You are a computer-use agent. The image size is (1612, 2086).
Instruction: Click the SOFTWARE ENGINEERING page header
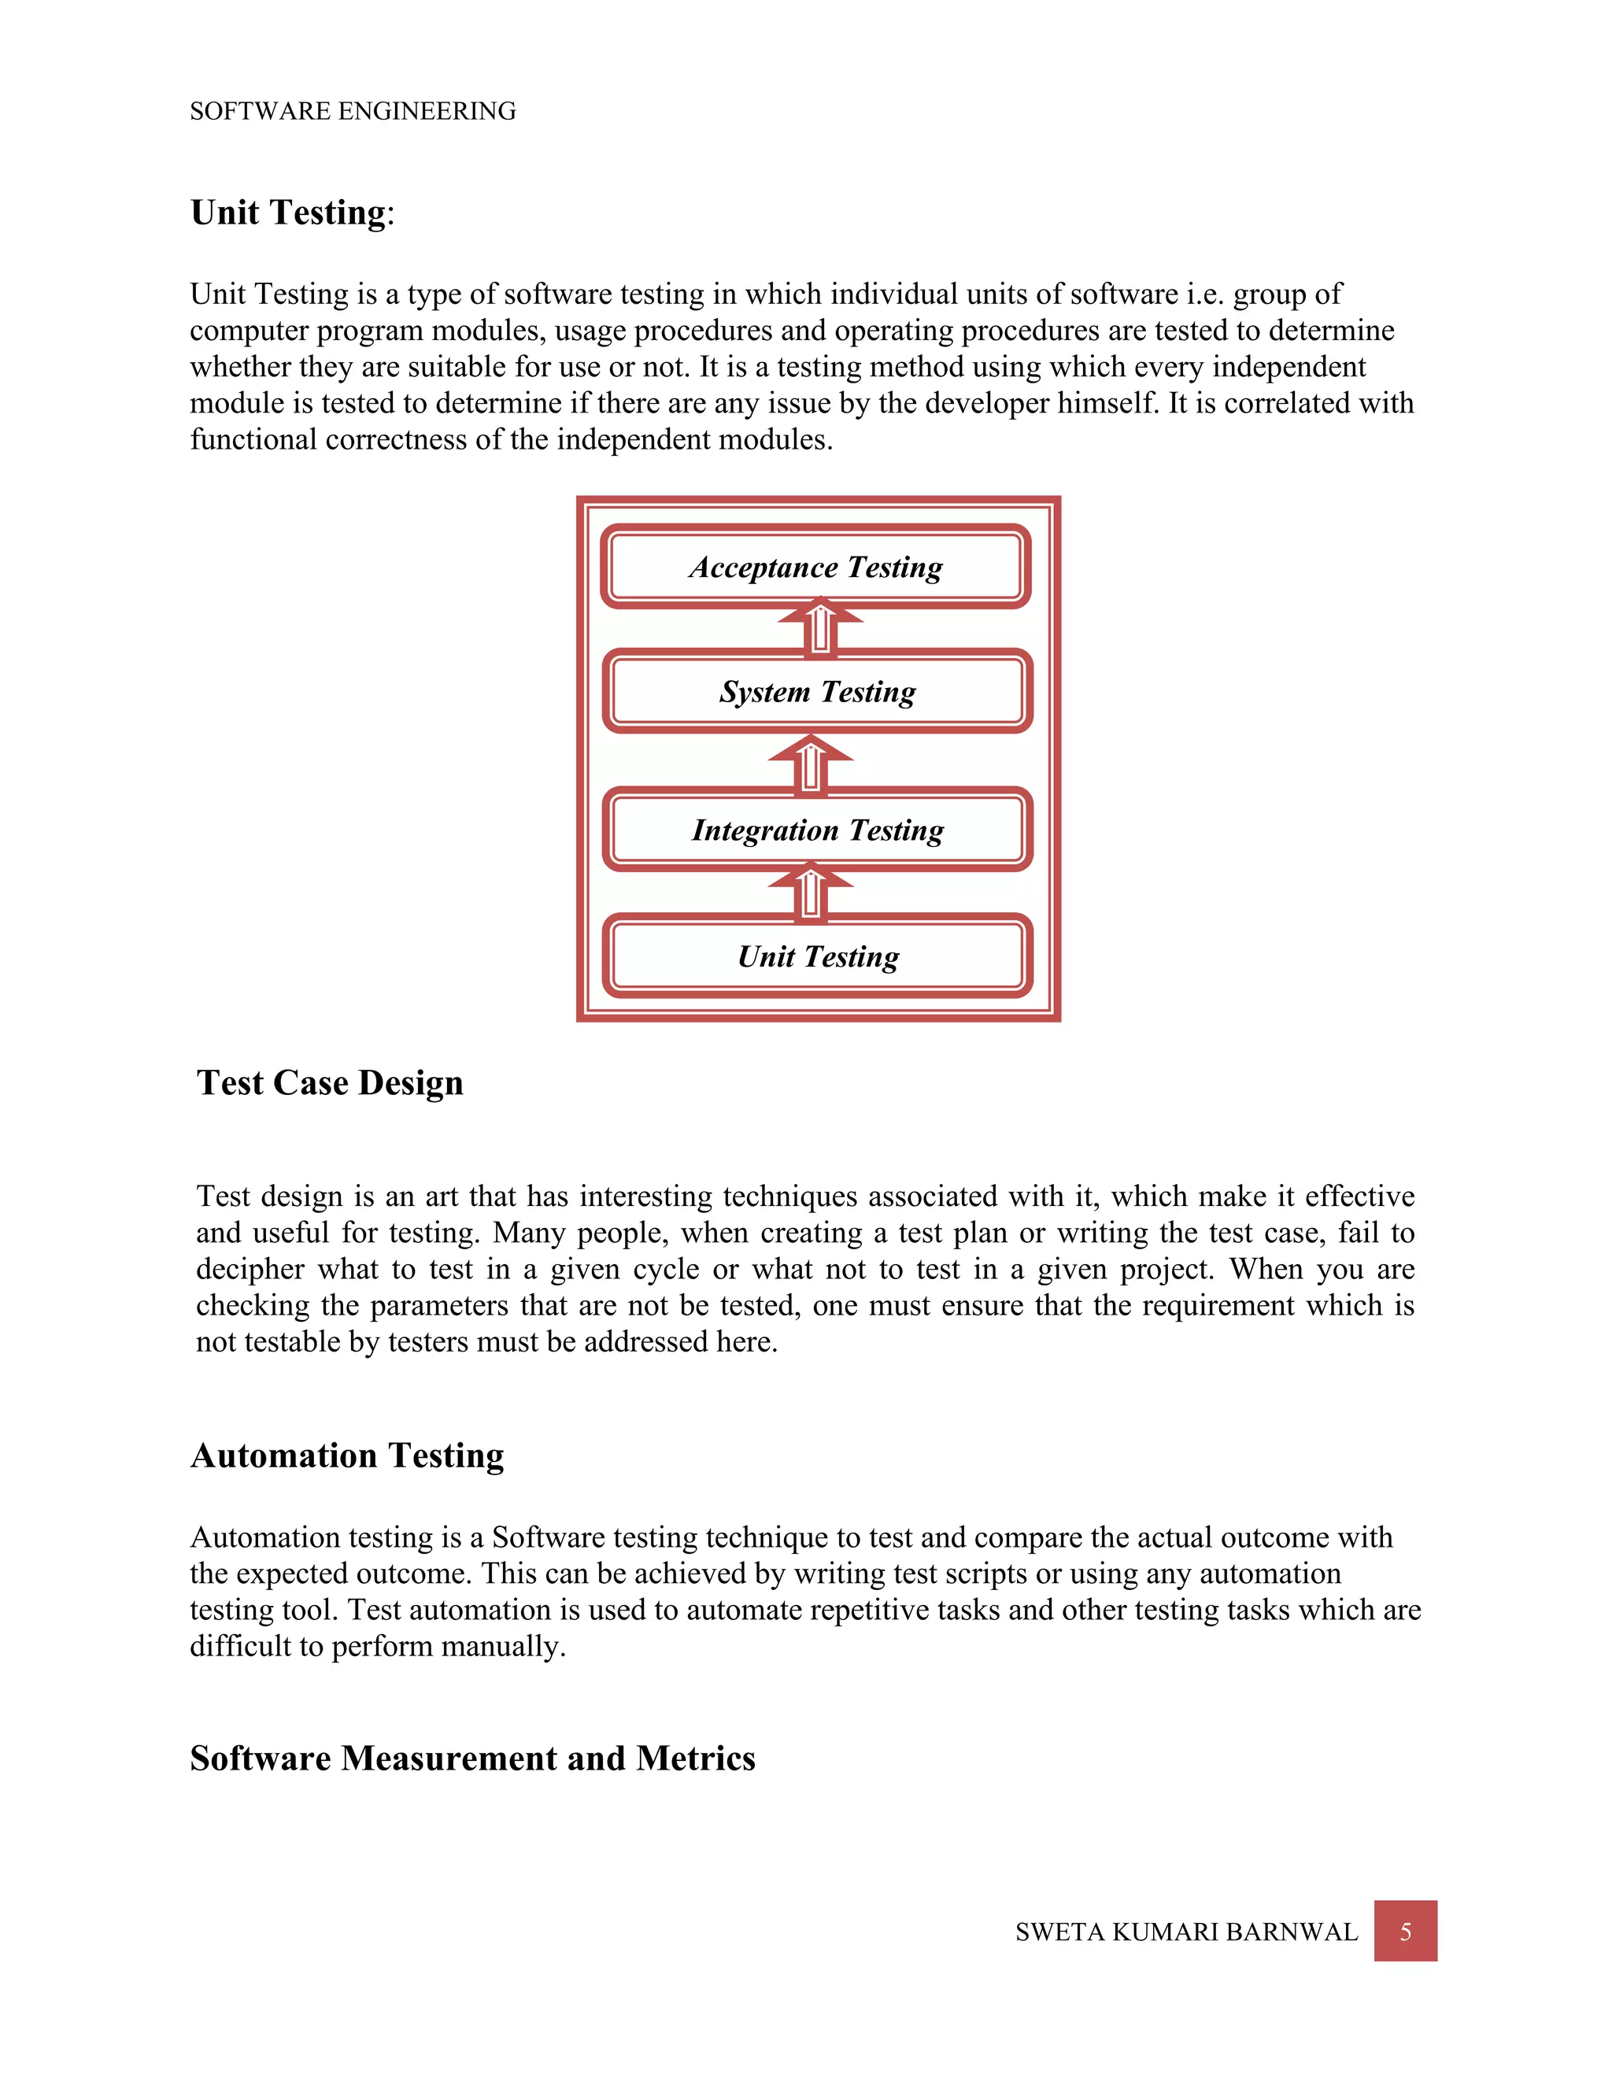pyautogui.click(x=353, y=111)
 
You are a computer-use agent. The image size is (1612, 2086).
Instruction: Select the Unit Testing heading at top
pyautogui.click(x=291, y=212)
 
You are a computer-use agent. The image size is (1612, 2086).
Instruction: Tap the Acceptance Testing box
pyautogui.click(x=815, y=567)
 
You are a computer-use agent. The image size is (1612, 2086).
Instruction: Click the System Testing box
pyautogui.click(x=818, y=690)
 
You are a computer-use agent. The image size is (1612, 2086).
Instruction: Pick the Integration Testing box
pyautogui.click(x=818, y=829)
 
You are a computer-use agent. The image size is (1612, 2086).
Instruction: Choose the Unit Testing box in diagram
pyautogui.click(x=818, y=956)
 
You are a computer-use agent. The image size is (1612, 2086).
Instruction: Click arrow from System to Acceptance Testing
pyautogui.click(x=819, y=627)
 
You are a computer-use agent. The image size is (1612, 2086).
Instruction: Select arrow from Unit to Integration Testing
pyautogui.click(x=810, y=891)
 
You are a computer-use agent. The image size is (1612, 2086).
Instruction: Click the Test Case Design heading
pyautogui.click(x=330, y=1083)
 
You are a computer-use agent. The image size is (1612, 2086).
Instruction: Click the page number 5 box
pyautogui.click(x=1405, y=1931)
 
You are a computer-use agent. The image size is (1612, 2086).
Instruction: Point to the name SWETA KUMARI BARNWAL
pyautogui.click(x=1185, y=1933)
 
